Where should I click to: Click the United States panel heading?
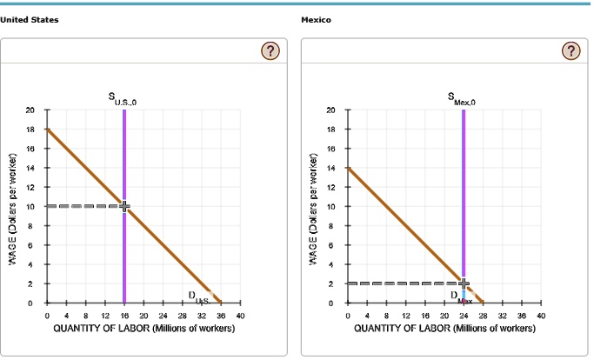tap(30, 20)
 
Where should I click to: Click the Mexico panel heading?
tap(316, 20)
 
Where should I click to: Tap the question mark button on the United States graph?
tap(270, 51)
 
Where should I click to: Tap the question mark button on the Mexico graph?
tap(570, 51)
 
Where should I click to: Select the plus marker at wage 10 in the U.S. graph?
tap(124, 206)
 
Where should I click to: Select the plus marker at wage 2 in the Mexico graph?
tap(464, 283)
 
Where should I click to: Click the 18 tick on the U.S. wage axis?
tap(30, 130)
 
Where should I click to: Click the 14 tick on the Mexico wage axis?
tap(330, 168)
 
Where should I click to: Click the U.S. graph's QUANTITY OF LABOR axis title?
tap(143, 328)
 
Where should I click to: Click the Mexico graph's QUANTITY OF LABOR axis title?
tap(444, 328)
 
